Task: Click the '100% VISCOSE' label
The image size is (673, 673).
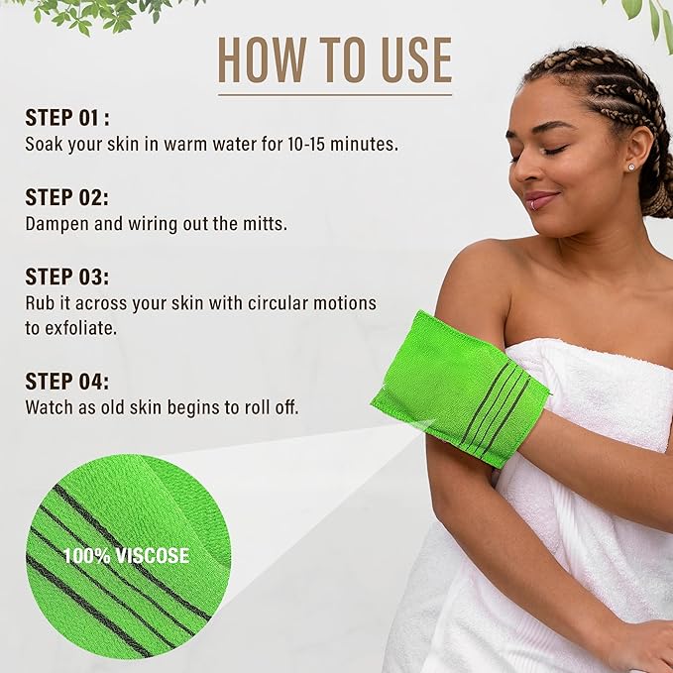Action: pyautogui.click(x=125, y=555)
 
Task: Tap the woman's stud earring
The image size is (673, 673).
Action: pyautogui.click(x=631, y=168)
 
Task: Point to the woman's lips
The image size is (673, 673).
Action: pyautogui.click(x=540, y=199)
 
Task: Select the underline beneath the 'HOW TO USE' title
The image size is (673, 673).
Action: pyautogui.click(x=334, y=95)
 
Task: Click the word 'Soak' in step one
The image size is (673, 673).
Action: pyautogui.click(x=44, y=144)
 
